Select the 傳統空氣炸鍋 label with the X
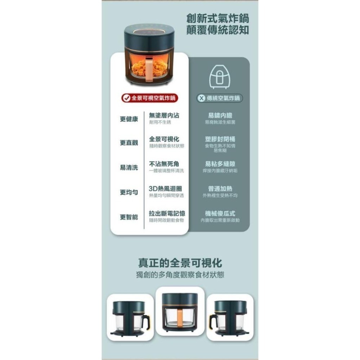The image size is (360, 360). click(x=220, y=98)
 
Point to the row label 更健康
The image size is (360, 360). click(x=129, y=119)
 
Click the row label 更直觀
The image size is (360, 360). click(x=129, y=143)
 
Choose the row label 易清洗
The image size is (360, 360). click(x=129, y=167)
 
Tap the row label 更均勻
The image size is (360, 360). click(x=129, y=192)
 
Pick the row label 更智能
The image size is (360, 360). click(x=129, y=217)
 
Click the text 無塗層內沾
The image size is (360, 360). click(x=164, y=116)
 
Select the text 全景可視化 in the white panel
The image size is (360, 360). click(x=164, y=139)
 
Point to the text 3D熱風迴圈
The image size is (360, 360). click(x=165, y=189)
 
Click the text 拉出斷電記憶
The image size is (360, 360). click(x=167, y=213)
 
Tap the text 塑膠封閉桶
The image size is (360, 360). click(x=220, y=139)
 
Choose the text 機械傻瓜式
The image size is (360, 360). click(x=220, y=213)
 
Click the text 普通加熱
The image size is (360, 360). click(x=220, y=189)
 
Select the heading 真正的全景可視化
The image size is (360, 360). click(x=180, y=262)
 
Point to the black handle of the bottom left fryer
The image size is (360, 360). click(x=145, y=320)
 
